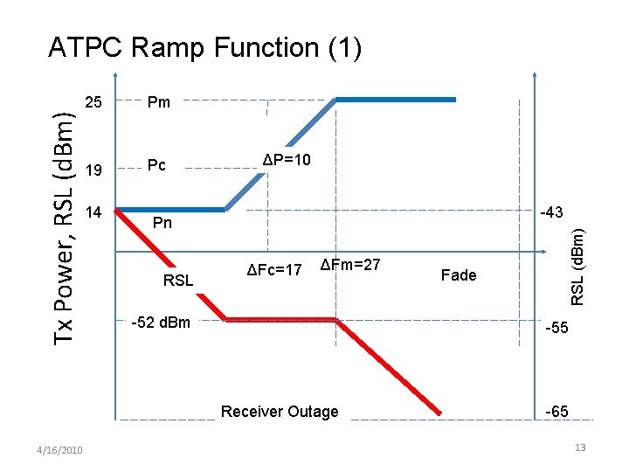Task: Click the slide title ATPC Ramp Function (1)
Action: (x=204, y=47)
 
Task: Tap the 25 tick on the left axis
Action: (x=95, y=102)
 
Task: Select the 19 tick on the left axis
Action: (x=95, y=169)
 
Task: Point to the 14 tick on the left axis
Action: (x=95, y=212)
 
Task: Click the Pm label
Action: (x=159, y=102)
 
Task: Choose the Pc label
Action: (x=157, y=166)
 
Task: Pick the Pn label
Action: (x=163, y=224)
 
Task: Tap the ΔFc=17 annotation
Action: (x=273, y=269)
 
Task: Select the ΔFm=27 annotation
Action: (x=350, y=265)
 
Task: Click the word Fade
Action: (x=459, y=275)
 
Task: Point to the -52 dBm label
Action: (x=161, y=323)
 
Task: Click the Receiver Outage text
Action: (x=280, y=412)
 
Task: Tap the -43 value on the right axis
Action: (x=551, y=212)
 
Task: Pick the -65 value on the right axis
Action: (x=556, y=412)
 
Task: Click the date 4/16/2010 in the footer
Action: (x=60, y=450)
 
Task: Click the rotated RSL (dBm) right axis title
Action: (x=577, y=265)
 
